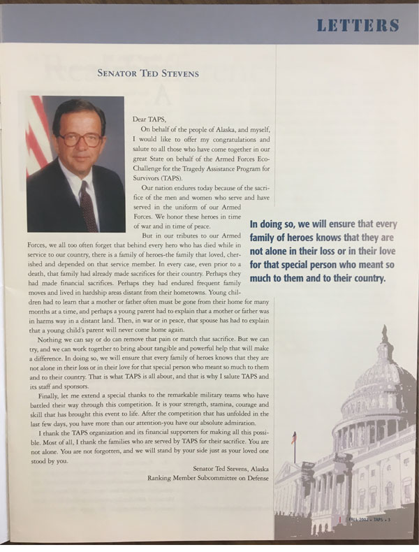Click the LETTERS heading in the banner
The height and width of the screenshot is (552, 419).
358,27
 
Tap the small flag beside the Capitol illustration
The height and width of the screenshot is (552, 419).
294,438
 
